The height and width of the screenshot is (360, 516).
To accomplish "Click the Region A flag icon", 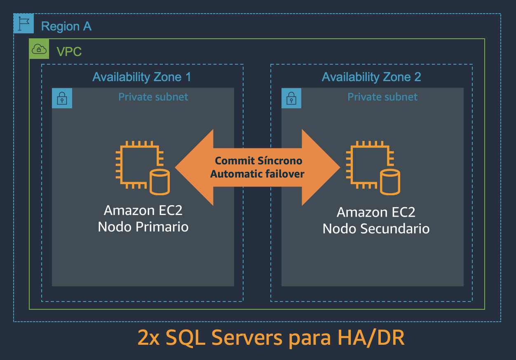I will pos(23,23).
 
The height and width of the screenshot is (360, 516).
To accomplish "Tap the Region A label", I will pos(66,26).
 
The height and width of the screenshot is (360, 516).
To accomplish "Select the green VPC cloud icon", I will pos(39,49).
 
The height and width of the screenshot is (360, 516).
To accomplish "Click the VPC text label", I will pos(69,52).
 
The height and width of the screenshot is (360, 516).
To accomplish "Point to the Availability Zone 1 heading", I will pos(142,77).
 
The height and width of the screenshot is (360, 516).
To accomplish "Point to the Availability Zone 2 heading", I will pos(371,77).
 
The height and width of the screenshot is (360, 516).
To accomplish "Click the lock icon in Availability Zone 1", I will pos(62,98).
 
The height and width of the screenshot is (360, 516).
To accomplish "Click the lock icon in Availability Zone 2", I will pos(291,98).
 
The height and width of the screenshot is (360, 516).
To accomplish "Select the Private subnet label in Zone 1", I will pos(153,97).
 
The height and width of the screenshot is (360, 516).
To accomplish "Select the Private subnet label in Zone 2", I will pos(382,97).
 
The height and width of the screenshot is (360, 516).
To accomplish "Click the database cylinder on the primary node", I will pos(159,182).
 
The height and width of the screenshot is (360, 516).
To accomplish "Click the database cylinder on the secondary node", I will pos(390,182).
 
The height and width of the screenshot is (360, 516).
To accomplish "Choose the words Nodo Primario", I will pos(143,227).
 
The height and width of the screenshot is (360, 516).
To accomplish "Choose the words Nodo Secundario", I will pos(376,229).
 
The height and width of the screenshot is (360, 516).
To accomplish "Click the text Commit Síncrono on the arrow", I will pos(258,161).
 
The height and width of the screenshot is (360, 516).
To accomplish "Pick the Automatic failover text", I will pos(257,174).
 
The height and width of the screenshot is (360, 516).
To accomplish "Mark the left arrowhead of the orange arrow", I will pos(192,167).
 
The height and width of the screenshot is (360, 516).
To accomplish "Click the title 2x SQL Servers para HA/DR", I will pos(271,338).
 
